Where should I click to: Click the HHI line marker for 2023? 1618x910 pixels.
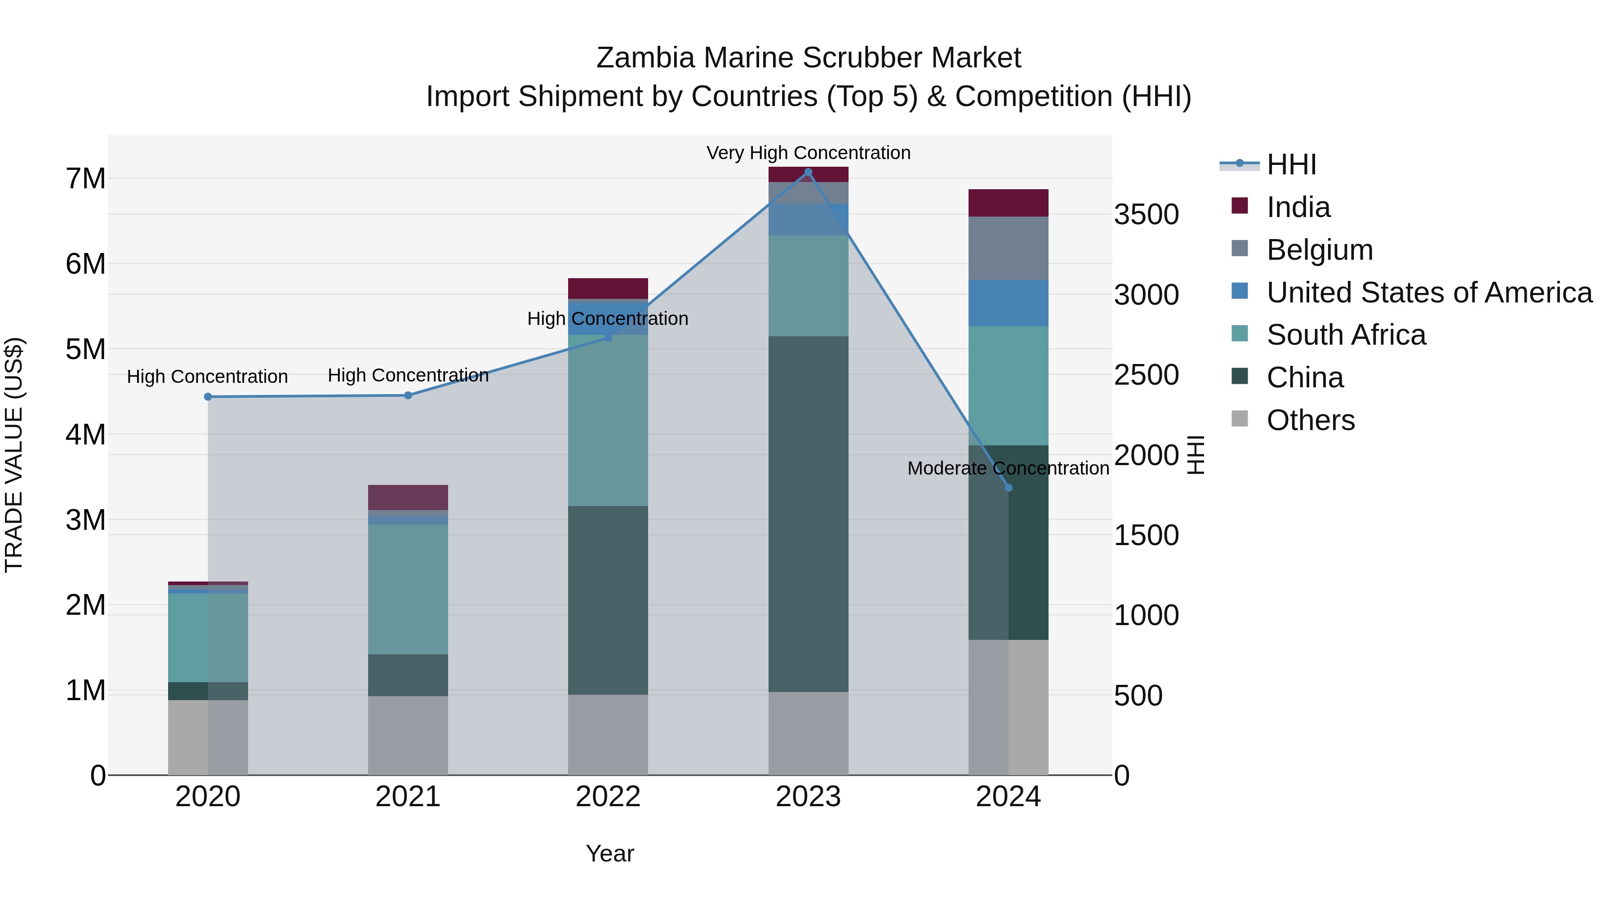[x=809, y=172]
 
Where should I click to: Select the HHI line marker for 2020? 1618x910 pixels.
[x=208, y=397]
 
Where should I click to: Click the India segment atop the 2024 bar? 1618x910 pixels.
[x=1008, y=203]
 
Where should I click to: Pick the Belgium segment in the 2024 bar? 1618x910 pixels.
[x=1008, y=249]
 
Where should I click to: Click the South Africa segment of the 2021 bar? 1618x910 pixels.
[x=408, y=589]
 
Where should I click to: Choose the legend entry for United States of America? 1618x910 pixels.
[x=1429, y=293]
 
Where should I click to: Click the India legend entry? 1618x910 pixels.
[x=1298, y=207]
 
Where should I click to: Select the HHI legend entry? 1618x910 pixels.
[x=1291, y=164]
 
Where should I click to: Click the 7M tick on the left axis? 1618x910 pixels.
[x=85, y=179]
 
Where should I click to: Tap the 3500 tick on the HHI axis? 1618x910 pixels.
[x=1146, y=215]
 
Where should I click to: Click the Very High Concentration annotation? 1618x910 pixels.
[x=809, y=153]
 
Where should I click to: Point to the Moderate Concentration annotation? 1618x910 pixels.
[x=1008, y=469]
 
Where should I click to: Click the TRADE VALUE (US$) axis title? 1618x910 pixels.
[x=14, y=455]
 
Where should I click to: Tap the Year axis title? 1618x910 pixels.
[x=609, y=854]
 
